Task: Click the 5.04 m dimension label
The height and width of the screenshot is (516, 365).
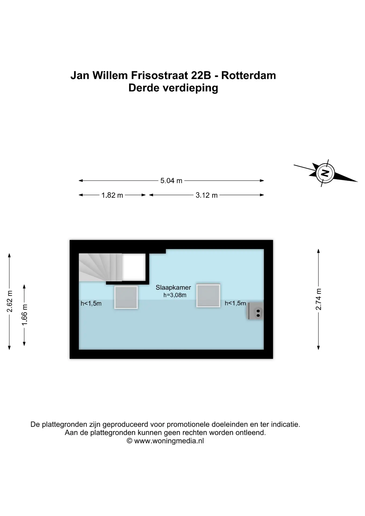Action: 171,181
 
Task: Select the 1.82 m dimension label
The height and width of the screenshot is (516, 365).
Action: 112,195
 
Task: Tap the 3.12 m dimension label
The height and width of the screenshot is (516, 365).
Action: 206,195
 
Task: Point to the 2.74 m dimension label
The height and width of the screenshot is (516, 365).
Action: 319,299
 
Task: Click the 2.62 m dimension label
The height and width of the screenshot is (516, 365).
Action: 10,301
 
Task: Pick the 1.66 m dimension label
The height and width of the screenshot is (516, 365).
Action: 24,315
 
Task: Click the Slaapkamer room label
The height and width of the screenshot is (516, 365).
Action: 173,288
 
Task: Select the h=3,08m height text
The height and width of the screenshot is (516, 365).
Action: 175,295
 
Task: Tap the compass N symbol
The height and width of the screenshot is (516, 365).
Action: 325,173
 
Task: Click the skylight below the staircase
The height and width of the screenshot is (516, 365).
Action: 126,297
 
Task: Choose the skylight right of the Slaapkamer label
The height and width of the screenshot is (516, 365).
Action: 208,295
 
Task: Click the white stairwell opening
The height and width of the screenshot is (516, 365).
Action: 134,267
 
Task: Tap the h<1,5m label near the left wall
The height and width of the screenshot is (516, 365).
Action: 91,304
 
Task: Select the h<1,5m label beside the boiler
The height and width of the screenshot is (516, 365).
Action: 235,303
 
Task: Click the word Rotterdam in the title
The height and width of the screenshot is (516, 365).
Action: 248,76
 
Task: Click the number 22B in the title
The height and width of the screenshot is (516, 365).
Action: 201,76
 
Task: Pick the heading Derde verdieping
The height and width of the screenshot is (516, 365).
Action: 173,88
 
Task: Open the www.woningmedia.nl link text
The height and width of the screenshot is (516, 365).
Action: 169,441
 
